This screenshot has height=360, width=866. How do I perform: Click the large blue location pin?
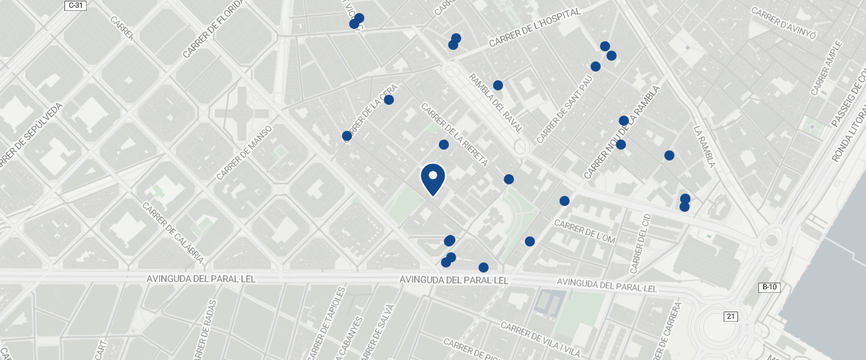(x=433, y=179)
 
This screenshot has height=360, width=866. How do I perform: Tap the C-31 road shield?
(x=74, y=5)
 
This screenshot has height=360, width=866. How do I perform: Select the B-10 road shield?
(x=769, y=287)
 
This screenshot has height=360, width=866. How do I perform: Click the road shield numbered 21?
(x=730, y=316)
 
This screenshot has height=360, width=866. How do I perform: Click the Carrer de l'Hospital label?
(x=535, y=30)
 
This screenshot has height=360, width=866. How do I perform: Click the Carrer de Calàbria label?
(x=173, y=233)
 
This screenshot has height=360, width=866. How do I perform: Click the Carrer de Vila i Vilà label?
(x=541, y=339)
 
